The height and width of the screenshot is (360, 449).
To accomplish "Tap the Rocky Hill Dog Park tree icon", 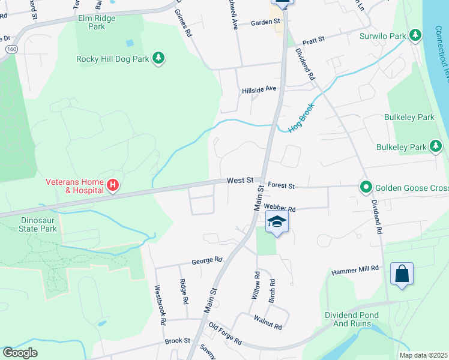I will [x=158, y=58].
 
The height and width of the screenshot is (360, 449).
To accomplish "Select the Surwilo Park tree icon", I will [x=415, y=35].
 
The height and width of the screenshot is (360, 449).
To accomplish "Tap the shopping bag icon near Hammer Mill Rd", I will [x=402, y=274].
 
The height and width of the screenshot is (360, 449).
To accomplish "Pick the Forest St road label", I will [x=281, y=186].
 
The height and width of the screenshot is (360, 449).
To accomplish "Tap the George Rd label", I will [x=207, y=261].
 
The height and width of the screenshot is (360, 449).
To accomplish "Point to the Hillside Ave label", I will [x=259, y=89].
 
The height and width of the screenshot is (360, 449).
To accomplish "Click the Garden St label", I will [x=266, y=22].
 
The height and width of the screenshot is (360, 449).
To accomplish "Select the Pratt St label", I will [x=313, y=40].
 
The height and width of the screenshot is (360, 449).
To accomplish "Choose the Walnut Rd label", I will [x=268, y=323].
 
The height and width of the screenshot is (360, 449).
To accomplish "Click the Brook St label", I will [x=177, y=341].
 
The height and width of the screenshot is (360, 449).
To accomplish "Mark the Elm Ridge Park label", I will [x=97, y=22].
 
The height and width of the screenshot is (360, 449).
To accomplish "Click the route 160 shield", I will [x=10, y=48].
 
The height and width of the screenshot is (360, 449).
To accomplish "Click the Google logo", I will [x=20, y=353].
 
